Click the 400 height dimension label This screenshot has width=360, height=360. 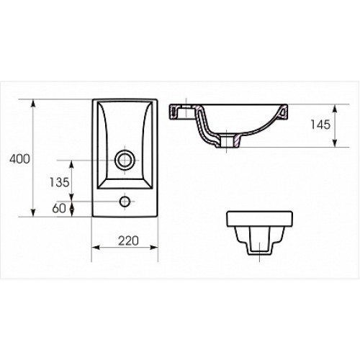pyautogui.click(x=19, y=159)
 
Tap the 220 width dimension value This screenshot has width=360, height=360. pyautogui.click(x=128, y=241)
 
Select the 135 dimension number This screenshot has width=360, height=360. pyautogui.click(x=59, y=182)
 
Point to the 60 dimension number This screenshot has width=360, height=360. pyautogui.click(x=59, y=208)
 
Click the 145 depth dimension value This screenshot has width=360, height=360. pyautogui.click(x=320, y=125)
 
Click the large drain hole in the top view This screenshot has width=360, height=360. pyautogui.click(x=125, y=160)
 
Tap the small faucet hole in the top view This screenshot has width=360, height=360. pyautogui.click(x=125, y=201)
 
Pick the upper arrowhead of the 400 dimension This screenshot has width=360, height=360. pyautogui.click(x=33, y=104)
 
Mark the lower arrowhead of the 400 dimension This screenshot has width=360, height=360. pyautogui.click(x=33, y=212)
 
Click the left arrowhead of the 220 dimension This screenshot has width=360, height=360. pyautogui.click(x=96, y=247)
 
